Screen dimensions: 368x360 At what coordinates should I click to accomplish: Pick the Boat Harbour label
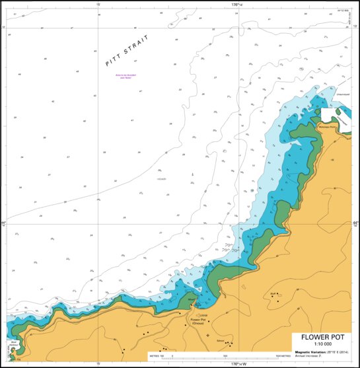point(14,344)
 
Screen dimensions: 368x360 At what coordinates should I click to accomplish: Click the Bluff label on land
point(273,295)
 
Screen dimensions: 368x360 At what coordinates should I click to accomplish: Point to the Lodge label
point(203,315)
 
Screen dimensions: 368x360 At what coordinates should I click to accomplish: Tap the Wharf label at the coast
point(192,301)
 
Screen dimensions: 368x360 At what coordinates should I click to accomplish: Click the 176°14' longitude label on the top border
point(236,4)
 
